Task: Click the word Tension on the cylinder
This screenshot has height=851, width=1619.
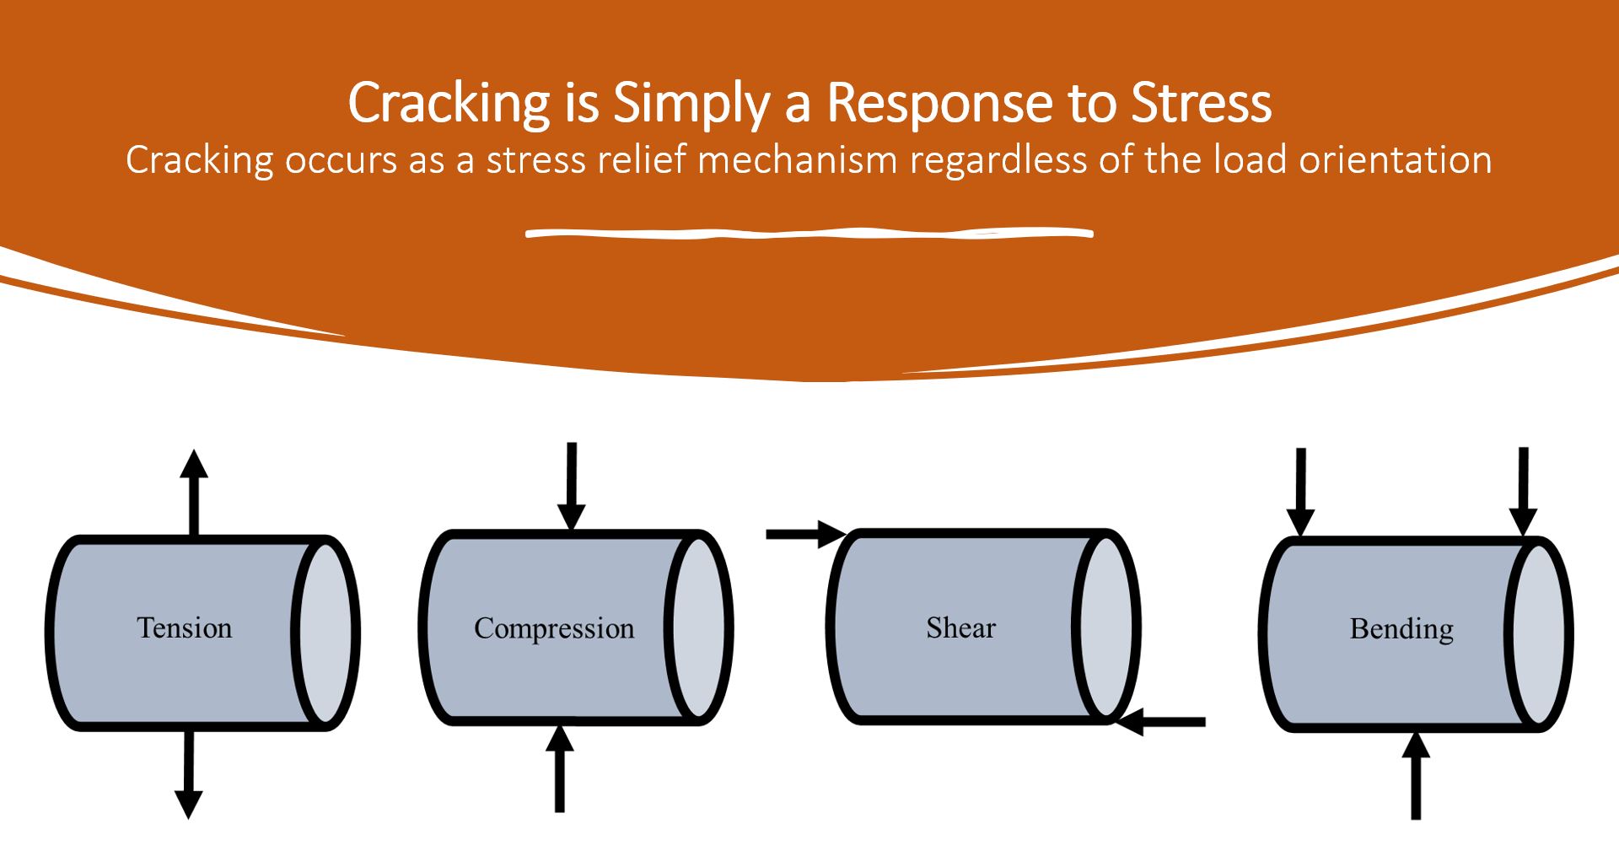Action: coord(184,627)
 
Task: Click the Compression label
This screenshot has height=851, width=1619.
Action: coord(554,628)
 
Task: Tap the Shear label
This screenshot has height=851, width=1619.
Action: coord(960,627)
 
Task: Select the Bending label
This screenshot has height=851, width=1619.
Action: coord(1401,628)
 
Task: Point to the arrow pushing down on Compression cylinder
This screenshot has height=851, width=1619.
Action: coord(572,485)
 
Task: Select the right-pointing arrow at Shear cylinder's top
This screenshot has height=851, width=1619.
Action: coord(805,534)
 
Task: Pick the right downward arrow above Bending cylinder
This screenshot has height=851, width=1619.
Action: coord(1523,489)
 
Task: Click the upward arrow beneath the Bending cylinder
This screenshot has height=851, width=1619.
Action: coord(1416,776)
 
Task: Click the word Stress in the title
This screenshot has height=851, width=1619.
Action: coord(1201,103)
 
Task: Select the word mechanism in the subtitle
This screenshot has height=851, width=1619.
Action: coord(797,159)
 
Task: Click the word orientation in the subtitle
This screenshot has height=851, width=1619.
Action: coord(1395,159)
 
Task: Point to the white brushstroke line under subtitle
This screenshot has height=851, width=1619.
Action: coord(809,233)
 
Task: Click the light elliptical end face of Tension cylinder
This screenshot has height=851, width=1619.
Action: coord(325,633)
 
